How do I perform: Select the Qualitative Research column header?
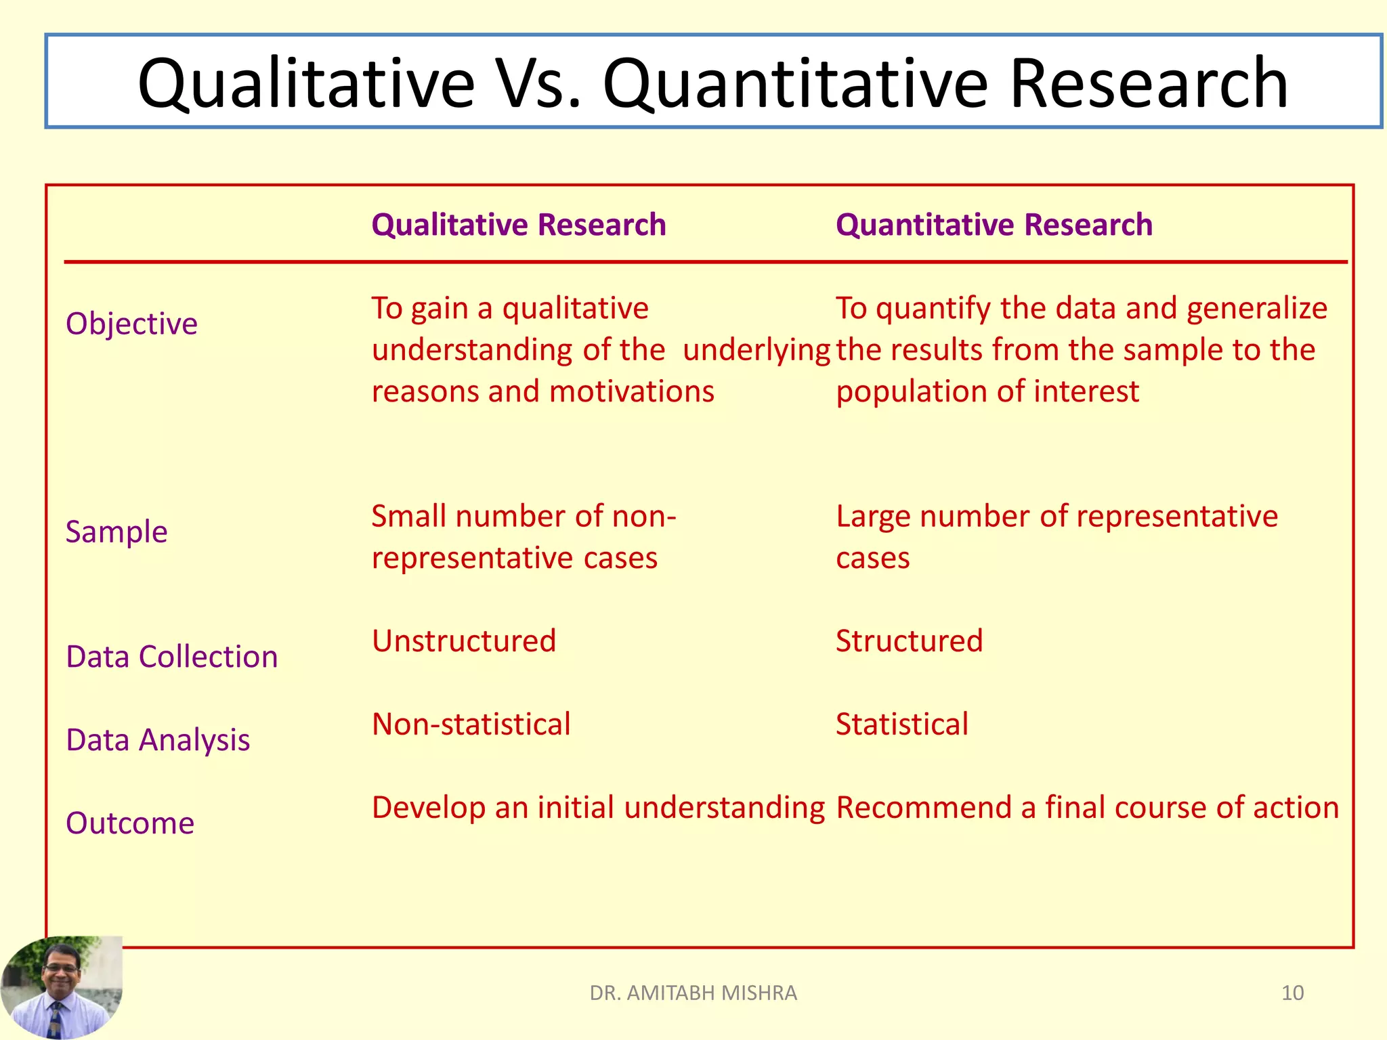click(519, 225)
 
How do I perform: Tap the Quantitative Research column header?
click(994, 225)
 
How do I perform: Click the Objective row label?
click(131, 324)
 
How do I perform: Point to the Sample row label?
click(116, 532)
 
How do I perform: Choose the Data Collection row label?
click(172, 657)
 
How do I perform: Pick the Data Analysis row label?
click(158, 740)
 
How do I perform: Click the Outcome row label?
click(130, 823)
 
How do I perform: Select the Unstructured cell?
click(464, 641)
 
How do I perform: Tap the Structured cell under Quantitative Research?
click(909, 641)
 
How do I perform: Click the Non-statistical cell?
click(471, 724)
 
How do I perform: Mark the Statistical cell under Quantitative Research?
click(902, 724)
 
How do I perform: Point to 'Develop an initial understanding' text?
click(598, 807)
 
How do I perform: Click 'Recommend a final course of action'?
click(1087, 807)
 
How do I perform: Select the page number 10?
click(1292, 993)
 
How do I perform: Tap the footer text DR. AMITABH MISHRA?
click(693, 993)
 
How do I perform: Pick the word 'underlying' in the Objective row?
click(756, 350)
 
